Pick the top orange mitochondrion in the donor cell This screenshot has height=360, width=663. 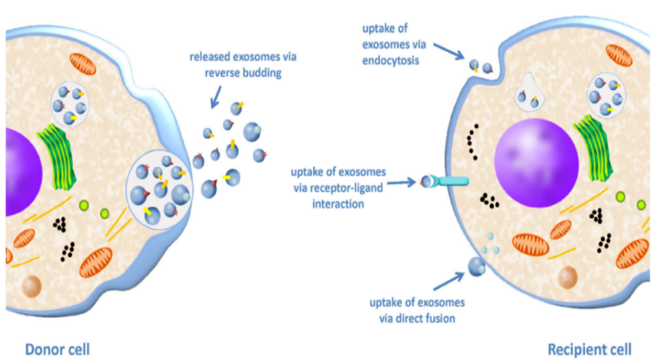point(81,66)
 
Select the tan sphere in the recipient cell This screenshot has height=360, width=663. point(566,278)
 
